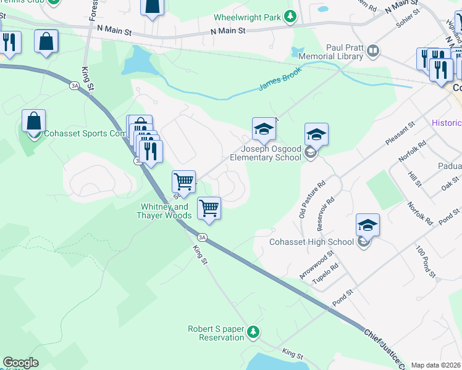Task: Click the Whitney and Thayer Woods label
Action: click(x=164, y=211)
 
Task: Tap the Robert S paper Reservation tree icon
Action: click(x=253, y=333)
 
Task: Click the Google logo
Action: click(x=20, y=363)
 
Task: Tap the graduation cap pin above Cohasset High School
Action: click(x=367, y=226)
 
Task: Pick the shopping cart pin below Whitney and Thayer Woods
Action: click(x=209, y=208)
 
